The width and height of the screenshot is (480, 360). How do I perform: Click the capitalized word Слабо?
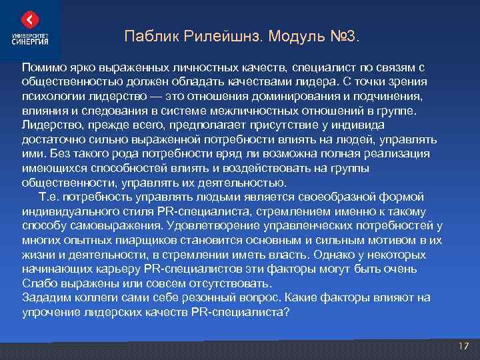tap(38, 283)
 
